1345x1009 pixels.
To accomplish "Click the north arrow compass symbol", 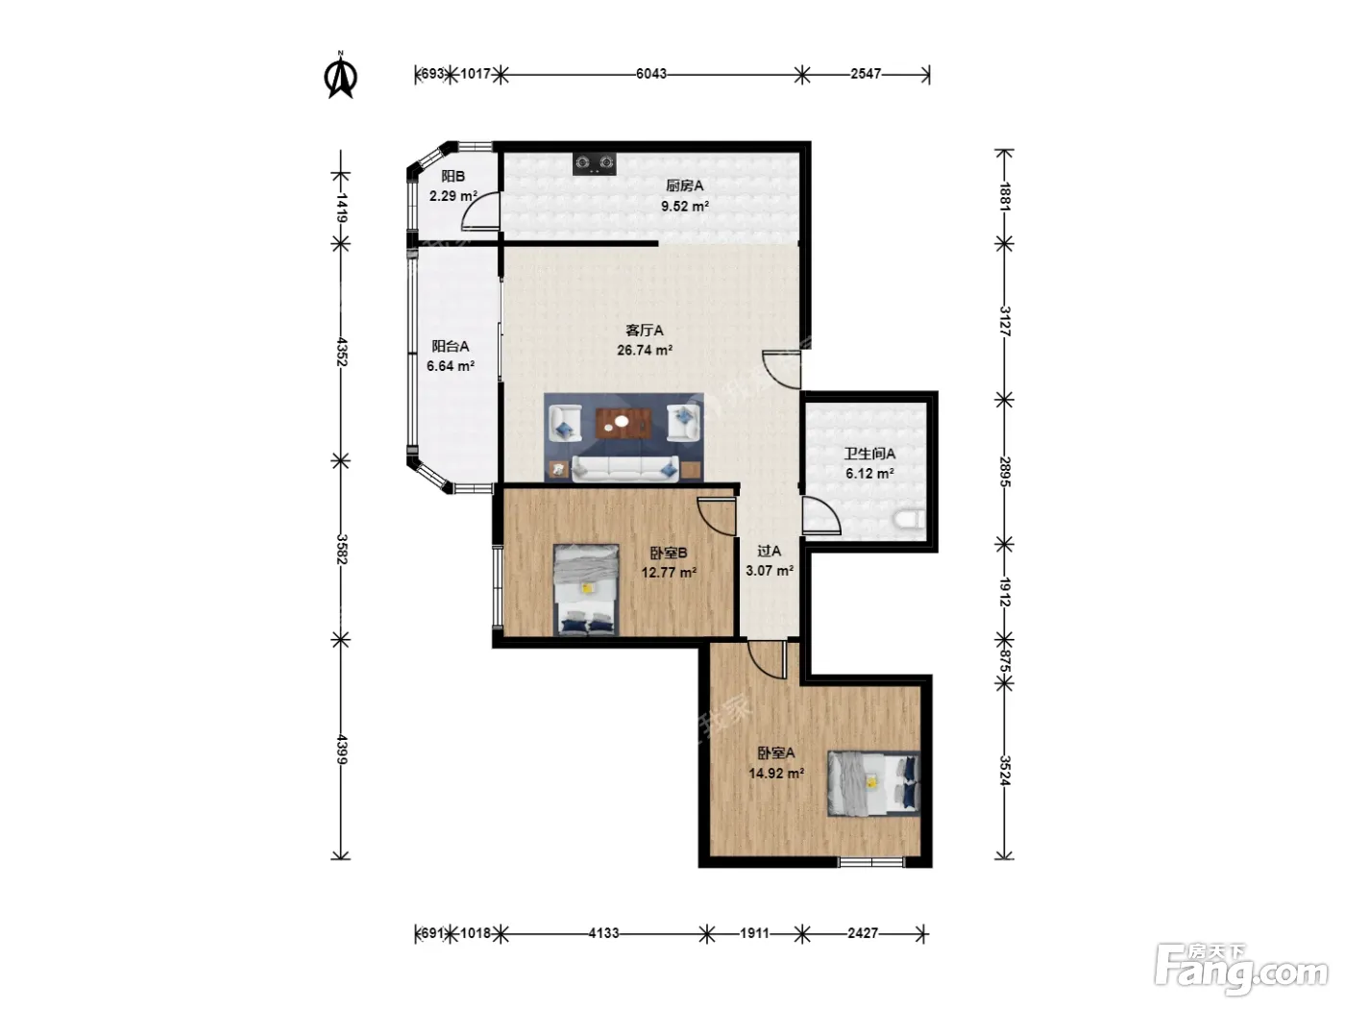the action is (x=340, y=76).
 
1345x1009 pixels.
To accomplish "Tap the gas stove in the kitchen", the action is (x=595, y=163).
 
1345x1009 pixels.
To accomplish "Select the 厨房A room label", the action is (x=684, y=185).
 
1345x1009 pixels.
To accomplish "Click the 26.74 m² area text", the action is (x=645, y=350).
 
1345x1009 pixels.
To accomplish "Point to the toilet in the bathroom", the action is (x=910, y=520).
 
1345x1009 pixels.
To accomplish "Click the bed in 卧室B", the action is (x=586, y=589).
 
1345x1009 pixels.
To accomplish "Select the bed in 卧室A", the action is (x=873, y=783).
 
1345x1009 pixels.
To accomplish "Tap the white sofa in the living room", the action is (x=625, y=468).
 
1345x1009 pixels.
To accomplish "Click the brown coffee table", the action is (x=623, y=424).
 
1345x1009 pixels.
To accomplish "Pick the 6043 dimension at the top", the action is (x=650, y=74).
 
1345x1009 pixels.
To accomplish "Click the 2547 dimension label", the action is (x=866, y=74).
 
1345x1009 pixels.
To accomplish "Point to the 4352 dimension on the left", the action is (x=342, y=352).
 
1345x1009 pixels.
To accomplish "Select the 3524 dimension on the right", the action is (x=1004, y=770).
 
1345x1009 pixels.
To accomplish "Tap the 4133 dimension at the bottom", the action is (x=603, y=933).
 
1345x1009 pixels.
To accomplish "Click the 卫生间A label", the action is (x=869, y=454).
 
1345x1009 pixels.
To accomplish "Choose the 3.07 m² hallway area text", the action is (x=770, y=571).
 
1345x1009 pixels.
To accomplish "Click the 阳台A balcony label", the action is (x=451, y=346).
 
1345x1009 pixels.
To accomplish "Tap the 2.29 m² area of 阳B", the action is (x=452, y=196).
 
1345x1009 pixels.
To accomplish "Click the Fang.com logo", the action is (x=1242, y=971).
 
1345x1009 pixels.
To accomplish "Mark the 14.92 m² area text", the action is (x=776, y=774).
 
